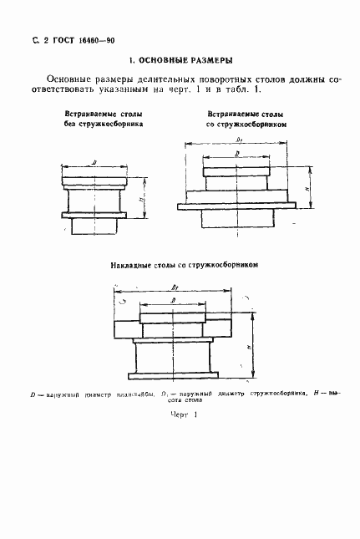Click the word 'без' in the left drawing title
75,122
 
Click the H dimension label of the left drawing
142,198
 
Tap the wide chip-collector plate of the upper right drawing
236,203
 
